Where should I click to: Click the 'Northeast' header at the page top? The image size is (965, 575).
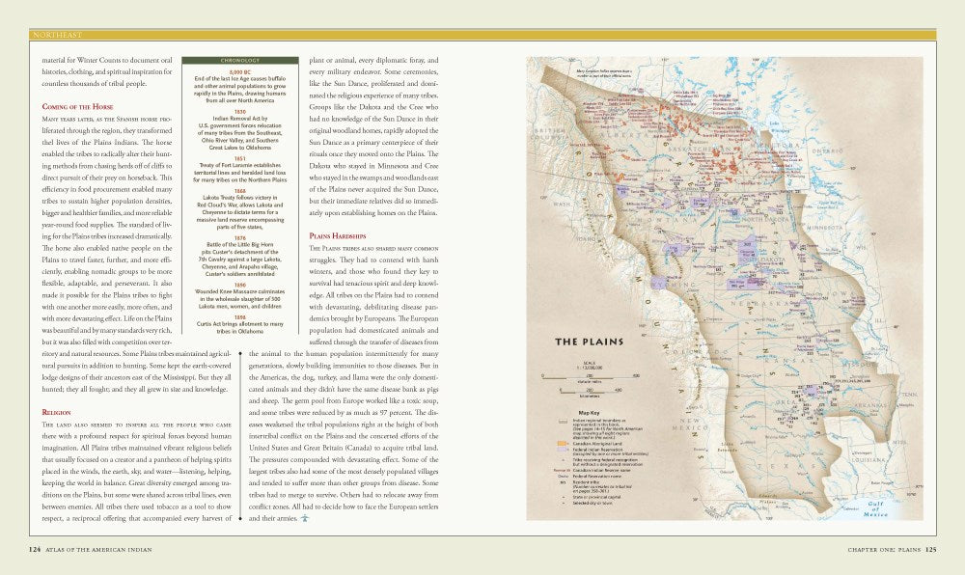tap(57, 35)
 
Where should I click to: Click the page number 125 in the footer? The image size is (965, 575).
tap(930, 550)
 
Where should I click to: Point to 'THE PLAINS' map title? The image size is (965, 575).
tap(588, 342)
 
